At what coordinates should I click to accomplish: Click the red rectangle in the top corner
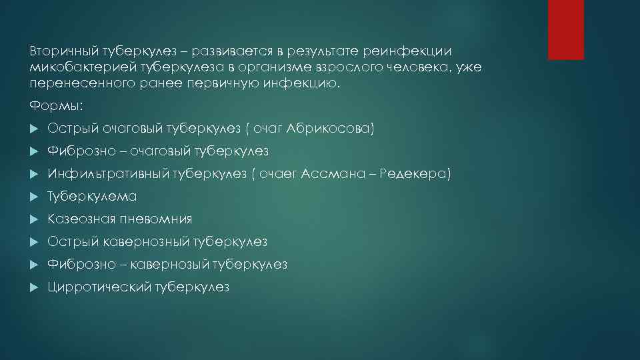pyautogui.click(x=565, y=29)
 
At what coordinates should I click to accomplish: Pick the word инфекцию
pyautogui.click(x=311, y=85)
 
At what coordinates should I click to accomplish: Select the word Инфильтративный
pyautogui.click(x=109, y=174)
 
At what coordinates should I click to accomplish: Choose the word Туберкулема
pyautogui.click(x=92, y=197)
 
